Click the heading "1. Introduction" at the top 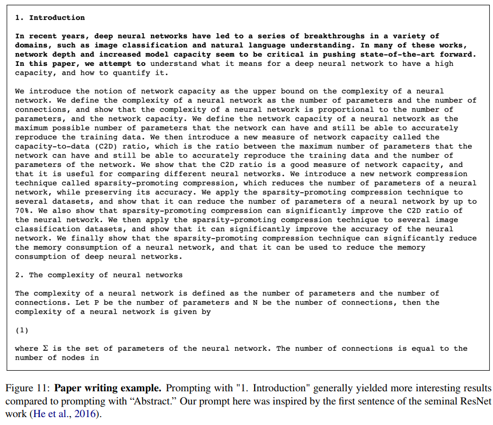pos(49,17)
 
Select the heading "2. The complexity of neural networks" pos(98,275)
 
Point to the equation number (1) pos(22,330)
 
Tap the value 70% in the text pos(22,211)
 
